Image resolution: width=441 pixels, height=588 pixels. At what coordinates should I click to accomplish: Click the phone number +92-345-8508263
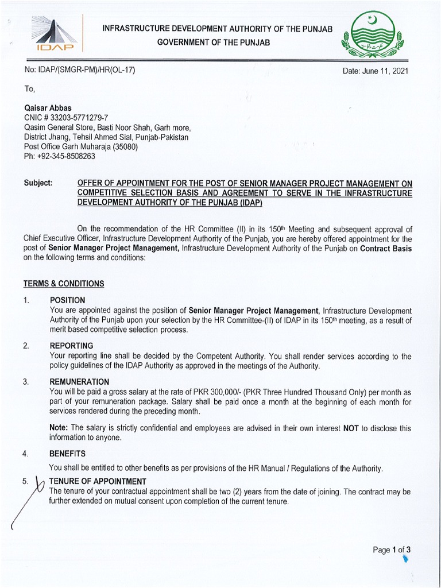point(67,156)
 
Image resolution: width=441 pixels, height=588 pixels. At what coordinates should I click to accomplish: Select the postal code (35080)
point(131,146)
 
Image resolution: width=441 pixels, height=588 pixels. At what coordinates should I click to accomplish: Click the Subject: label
point(38,183)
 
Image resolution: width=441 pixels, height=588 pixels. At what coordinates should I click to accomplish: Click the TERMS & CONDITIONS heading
point(64,284)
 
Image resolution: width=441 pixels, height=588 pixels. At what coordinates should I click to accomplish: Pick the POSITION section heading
point(67,300)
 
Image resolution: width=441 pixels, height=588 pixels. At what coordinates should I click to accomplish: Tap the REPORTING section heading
point(71,346)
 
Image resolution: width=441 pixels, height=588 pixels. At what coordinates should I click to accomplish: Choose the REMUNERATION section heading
point(79,381)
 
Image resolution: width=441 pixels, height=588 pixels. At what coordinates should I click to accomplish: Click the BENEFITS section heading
point(67,453)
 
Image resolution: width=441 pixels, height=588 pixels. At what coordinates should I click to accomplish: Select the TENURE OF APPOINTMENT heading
point(98,481)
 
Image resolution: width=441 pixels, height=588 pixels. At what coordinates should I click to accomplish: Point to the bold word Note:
point(59,428)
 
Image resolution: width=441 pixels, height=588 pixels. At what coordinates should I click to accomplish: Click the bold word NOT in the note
point(351,428)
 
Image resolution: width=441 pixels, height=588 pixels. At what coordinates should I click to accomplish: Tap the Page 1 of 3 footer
point(392,550)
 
